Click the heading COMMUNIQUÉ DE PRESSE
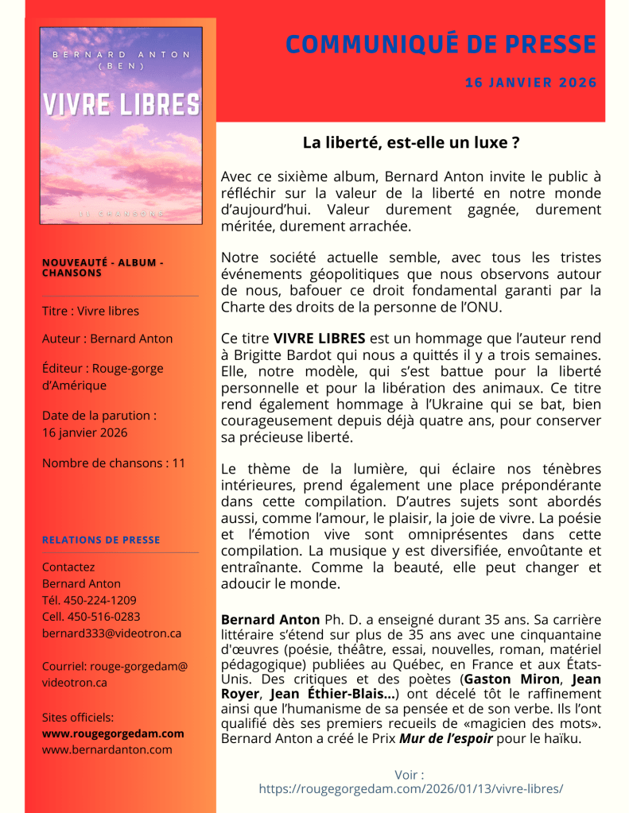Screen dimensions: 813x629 (441, 45)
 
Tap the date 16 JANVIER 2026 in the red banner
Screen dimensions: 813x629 (530, 83)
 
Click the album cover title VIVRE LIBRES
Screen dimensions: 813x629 (121, 105)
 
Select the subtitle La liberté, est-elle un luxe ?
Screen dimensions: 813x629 (411, 143)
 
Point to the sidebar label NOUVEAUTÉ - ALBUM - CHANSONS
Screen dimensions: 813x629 (102, 267)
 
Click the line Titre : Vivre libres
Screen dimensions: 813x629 (90, 311)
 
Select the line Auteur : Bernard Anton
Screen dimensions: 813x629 (107, 339)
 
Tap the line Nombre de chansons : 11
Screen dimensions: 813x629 (113, 463)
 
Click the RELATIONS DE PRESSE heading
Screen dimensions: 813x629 (101, 540)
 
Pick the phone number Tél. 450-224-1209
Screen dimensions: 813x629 (89, 600)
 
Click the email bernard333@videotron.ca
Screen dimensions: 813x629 (111, 633)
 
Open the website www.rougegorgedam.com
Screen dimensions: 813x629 (113, 733)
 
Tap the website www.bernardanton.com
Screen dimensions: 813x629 (107, 749)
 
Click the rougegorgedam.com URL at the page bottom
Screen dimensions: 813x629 (411, 788)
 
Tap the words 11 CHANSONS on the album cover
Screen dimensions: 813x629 (121, 214)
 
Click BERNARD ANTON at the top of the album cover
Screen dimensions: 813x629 (121, 55)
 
